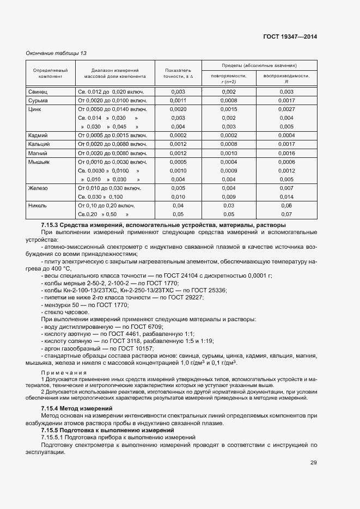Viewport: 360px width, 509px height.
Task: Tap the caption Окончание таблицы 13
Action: point(57,53)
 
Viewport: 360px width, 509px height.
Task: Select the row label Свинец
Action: point(38,91)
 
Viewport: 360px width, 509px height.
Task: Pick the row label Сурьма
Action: point(38,100)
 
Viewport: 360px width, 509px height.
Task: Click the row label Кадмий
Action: point(38,135)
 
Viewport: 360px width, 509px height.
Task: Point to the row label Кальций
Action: point(39,144)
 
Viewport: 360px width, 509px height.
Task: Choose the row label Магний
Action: point(38,153)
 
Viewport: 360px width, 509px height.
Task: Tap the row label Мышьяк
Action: point(39,162)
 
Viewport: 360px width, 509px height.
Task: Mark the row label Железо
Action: point(38,188)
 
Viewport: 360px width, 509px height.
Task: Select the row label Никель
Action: point(38,205)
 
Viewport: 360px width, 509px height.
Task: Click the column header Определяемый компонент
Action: point(50,74)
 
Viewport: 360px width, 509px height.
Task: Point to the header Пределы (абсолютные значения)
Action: point(259,65)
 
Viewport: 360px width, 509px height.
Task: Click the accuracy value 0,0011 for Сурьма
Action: point(178,100)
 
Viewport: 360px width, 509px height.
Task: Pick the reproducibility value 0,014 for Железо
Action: point(286,197)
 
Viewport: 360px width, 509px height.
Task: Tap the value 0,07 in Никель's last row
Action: point(286,214)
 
